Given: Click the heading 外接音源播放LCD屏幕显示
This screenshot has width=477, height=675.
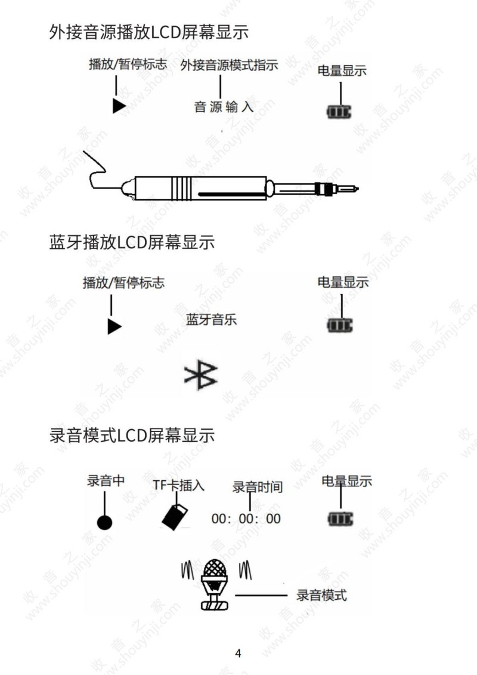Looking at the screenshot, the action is pos(149,32).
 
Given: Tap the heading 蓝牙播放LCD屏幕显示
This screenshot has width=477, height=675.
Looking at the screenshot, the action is pos(132,242).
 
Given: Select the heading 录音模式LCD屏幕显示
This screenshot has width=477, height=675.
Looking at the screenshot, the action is pos(132,436).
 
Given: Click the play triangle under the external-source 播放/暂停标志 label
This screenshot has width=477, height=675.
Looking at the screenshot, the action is pos(119,106).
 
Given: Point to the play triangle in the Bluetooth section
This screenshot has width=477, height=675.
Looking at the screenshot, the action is pos(114,326).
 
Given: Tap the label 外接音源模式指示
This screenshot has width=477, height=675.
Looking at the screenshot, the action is pos(229,66).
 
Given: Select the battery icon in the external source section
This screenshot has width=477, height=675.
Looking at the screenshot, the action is pos(339,112).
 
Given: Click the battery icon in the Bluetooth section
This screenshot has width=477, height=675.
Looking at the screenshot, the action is pos(340,325).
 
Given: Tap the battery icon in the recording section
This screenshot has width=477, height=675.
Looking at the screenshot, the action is pos(340,519).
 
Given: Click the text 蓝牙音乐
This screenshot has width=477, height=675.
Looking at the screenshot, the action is pos(211,320).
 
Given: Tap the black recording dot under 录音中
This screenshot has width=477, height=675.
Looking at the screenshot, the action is pos(104,523).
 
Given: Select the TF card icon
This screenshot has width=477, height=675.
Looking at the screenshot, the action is pos(175,517).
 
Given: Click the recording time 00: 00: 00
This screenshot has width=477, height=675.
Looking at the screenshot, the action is pos(246,519).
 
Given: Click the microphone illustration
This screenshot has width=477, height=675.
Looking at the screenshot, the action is pos(214,585).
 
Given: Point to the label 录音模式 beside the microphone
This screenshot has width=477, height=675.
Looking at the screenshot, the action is pos(321,596).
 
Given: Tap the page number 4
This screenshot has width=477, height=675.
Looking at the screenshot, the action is pos(238,653).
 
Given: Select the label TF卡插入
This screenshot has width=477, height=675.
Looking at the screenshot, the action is pos(178,485).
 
